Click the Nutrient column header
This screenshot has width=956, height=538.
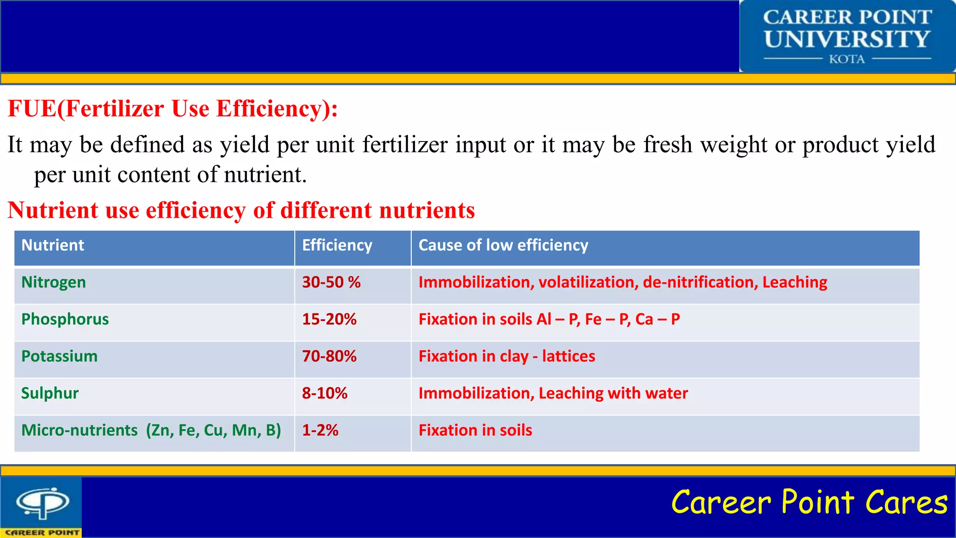tap(53, 246)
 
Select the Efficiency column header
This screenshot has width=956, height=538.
tap(337, 246)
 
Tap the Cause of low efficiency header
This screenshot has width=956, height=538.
tap(503, 246)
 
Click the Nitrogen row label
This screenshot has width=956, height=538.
tap(54, 283)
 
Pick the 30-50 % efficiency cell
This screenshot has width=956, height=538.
tap(331, 283)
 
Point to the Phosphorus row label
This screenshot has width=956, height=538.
tap(65, 319)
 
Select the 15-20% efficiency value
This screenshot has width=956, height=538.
tap(329, 319)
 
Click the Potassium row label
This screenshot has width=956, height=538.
tap(59, 356)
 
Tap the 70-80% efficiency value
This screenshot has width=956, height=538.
tap(329, 356)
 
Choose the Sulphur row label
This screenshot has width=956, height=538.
tap(50, 393)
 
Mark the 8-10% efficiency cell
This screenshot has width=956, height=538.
tap(325, 393)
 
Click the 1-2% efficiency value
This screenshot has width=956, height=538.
tap(320, 430)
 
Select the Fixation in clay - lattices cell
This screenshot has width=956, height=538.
tap(507, 356)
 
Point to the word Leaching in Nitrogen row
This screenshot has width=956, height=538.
tap(794, 283)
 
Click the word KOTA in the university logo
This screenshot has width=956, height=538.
tap(847, 59)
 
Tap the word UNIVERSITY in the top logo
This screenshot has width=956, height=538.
tap(847, 39)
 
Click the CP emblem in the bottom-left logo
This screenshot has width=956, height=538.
tap(42, 503)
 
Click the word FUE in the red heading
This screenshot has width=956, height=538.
tap(32, 109)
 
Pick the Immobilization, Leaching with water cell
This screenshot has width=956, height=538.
tap(553, 393)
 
